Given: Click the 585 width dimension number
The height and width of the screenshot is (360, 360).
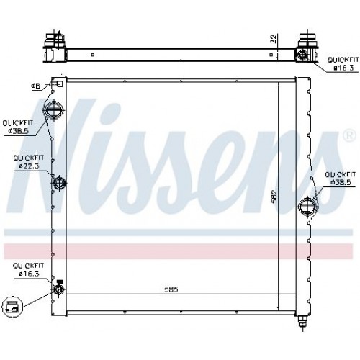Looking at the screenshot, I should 170,290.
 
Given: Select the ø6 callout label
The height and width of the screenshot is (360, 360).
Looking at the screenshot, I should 35,86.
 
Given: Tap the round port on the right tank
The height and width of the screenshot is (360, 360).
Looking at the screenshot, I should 307,207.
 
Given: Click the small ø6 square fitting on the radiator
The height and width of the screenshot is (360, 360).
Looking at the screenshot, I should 58,86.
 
